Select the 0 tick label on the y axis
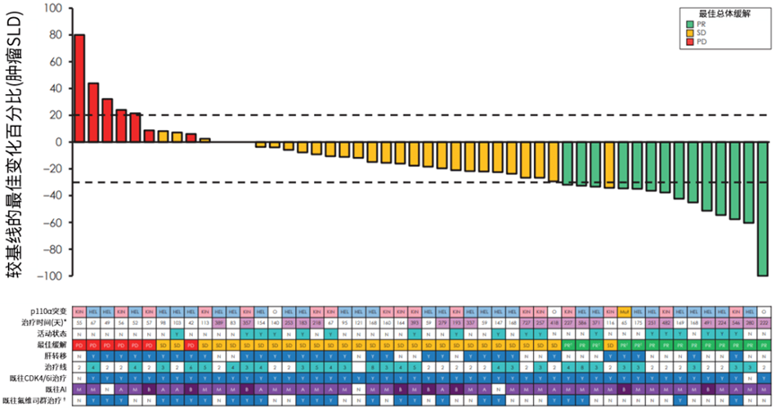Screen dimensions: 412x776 (58, 142)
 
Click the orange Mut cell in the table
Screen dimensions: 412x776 (623, 308)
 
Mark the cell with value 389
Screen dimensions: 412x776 (219, 320)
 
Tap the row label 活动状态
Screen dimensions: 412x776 (52, 332)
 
